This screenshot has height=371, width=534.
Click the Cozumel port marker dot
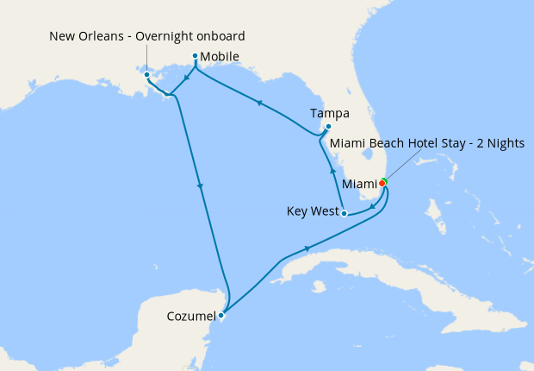point(221,315)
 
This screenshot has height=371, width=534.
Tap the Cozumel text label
point(191,317)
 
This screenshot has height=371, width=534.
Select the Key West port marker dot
point(344,212)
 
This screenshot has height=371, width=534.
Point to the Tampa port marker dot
point(328,129)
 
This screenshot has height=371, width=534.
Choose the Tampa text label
point(330,113)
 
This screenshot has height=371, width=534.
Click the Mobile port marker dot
point(196,56)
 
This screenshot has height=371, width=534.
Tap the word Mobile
point(220,57)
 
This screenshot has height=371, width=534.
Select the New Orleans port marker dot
point(148,75)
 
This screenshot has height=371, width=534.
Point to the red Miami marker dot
point(382,183)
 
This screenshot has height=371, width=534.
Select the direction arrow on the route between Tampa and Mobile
point(259,102)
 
